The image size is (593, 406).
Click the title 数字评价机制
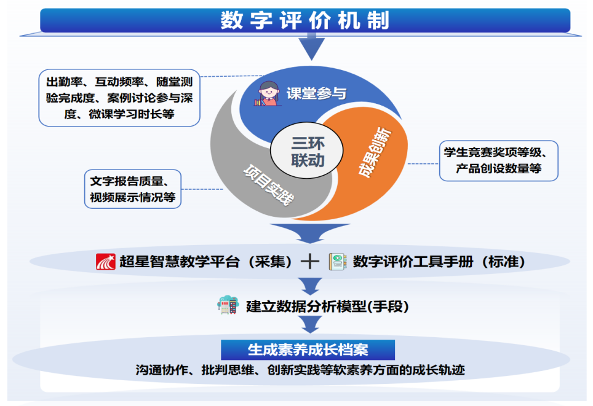[305, 20]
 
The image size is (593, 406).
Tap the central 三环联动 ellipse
[307, 150]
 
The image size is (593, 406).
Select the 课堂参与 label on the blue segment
[316, 93]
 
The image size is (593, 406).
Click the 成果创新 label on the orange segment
[375, 152]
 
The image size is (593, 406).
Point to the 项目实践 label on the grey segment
[269, 185]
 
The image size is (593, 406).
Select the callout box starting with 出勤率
[119, 98]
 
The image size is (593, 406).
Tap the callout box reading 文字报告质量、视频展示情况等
[133, 189]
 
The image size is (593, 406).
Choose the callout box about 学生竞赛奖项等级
[498, 160]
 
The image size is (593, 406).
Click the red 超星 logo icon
[106, 262]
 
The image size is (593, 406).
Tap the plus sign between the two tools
[310, 261]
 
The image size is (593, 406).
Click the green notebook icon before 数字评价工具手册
[337, 262]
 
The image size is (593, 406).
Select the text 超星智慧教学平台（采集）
[205, 261]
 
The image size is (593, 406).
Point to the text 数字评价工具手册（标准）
[439, 261]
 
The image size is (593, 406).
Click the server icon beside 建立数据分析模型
[228, 305]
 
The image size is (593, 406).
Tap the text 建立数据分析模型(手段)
[327, 306]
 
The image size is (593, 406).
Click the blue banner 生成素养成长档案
[308, 349]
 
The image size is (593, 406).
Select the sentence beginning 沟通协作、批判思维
[300, 370]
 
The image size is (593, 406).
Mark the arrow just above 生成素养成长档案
[310, 324]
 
